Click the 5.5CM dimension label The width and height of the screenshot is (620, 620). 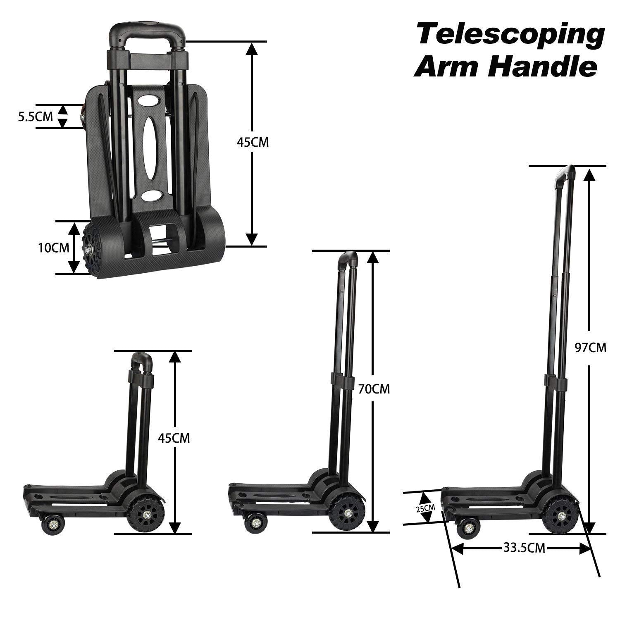coord(35,117)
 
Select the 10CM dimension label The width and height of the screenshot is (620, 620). coord(53,248)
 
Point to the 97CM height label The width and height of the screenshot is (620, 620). coord(591,348)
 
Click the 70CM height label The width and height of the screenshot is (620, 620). coord(374,389)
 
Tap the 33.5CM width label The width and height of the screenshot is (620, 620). coord(524,548)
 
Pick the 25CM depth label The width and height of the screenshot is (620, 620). coord(426,508)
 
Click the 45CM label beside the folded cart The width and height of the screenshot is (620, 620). coord(253,142)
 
